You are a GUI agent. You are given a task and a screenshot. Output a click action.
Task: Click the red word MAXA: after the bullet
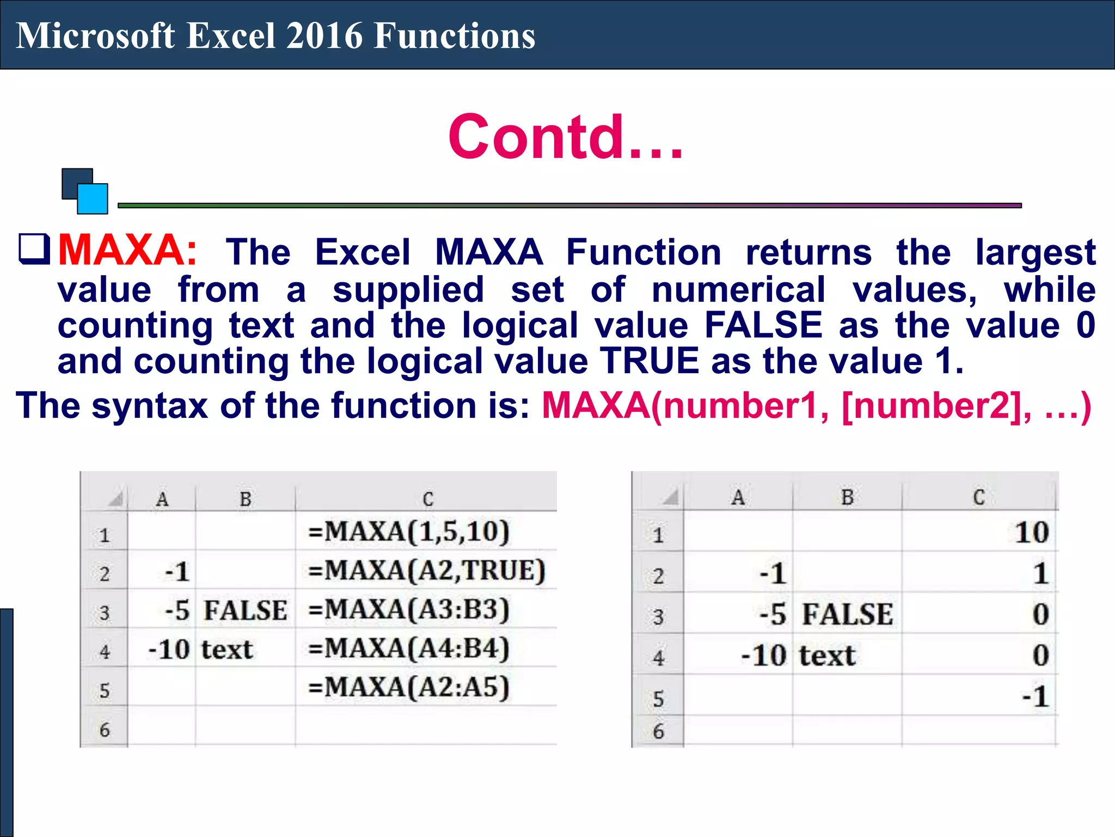pos(127,251)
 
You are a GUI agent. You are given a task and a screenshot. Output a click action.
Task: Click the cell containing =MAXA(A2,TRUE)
pos(426,571)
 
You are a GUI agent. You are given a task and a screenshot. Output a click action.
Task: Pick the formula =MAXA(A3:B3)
pos(409,609)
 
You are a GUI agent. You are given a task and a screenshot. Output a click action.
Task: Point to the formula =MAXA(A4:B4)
pos(409,648)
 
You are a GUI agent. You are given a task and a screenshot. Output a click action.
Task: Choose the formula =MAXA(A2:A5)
pos(409,687)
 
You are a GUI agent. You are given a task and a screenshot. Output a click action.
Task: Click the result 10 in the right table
pos(1031,532)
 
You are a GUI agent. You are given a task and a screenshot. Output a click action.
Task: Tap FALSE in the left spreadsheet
pos(246,610)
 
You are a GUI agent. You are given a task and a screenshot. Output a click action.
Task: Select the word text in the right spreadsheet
pos(827,656)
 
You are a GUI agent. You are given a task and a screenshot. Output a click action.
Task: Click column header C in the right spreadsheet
pos(978,497)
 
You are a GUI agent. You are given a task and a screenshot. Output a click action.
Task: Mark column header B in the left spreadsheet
pos(246,499)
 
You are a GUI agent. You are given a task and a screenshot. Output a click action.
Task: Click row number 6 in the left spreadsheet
pos(105,729)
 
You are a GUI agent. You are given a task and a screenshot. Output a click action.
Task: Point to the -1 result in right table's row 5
pos(1035,696)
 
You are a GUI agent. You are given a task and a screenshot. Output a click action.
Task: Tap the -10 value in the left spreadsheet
pos(169,650)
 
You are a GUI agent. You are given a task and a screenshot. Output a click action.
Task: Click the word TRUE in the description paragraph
pos(649,361)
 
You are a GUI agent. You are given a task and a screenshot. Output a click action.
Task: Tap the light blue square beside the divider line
pos(93,199)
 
